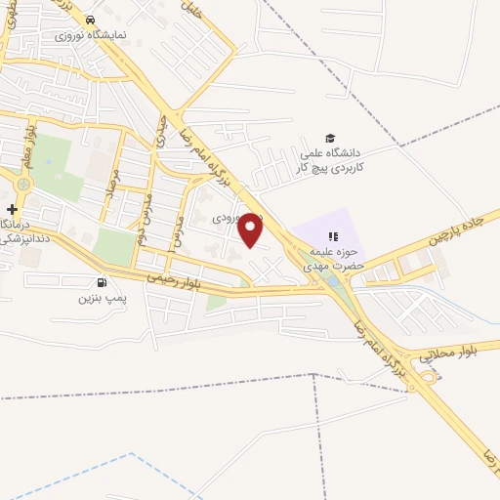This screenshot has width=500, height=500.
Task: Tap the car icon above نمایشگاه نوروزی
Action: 90,20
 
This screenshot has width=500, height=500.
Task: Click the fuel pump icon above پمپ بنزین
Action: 103,283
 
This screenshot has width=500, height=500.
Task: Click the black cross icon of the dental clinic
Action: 12,209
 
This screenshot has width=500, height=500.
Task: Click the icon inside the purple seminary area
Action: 332,235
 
